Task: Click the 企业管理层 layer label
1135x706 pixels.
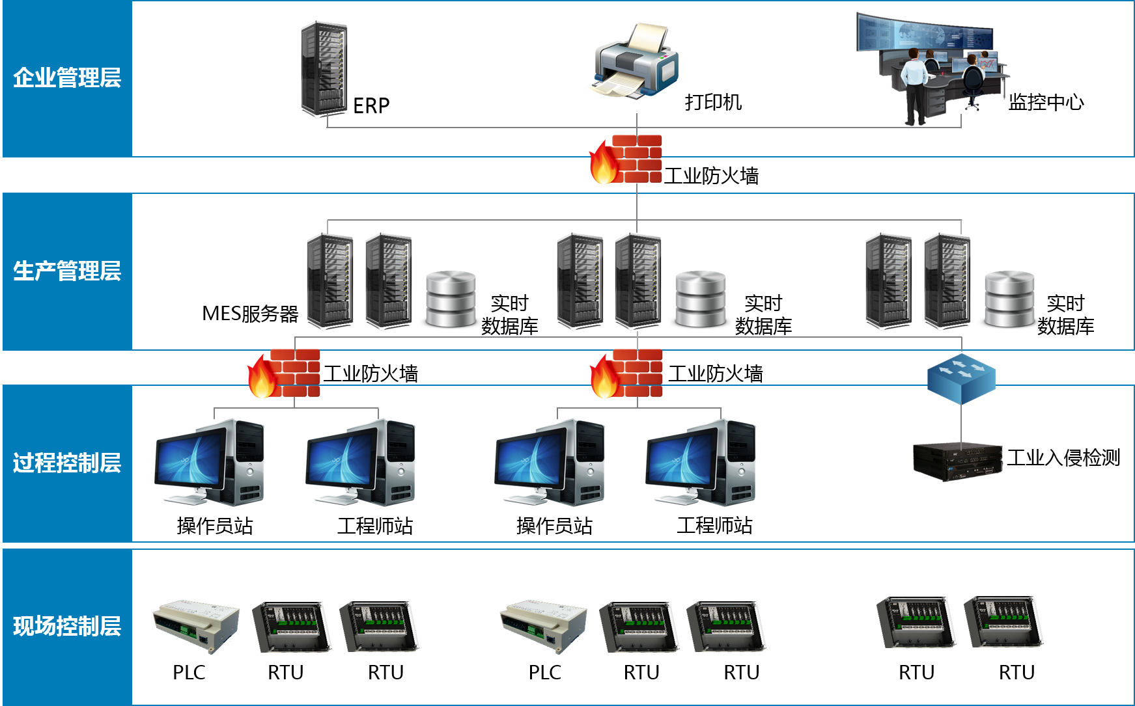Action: click(x=67, y=78)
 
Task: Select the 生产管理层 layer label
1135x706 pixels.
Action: click(x=67, y=271)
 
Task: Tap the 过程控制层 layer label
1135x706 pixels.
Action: click(x=67, y=463)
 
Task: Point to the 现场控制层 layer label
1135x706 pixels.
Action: click(x=67, y=626)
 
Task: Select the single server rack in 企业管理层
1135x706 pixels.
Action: click(x=324, y=69)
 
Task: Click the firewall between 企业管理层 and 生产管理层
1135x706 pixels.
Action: click(x=626, y=159)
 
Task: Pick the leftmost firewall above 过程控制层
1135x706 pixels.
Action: click(x=284, y=373)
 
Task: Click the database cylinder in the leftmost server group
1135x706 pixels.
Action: click(x=451, y=299)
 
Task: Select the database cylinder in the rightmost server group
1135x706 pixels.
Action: click(x=1009, y=299)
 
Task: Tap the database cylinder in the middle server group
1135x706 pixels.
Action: click(x=700, y=299)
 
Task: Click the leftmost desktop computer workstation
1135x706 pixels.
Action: click(x=210, y=462)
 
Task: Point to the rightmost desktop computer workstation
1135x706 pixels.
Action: click(x=701, y=462)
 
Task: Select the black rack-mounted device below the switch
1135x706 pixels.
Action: click(x=957, y=461)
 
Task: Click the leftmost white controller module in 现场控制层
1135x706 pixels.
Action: click(x=196, y=625)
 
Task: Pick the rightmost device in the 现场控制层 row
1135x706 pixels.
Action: click(x=1003, y=622)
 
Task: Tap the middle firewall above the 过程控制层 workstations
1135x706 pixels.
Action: click(x=626, y=373)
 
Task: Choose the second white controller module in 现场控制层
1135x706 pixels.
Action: click(x=543, y=625)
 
